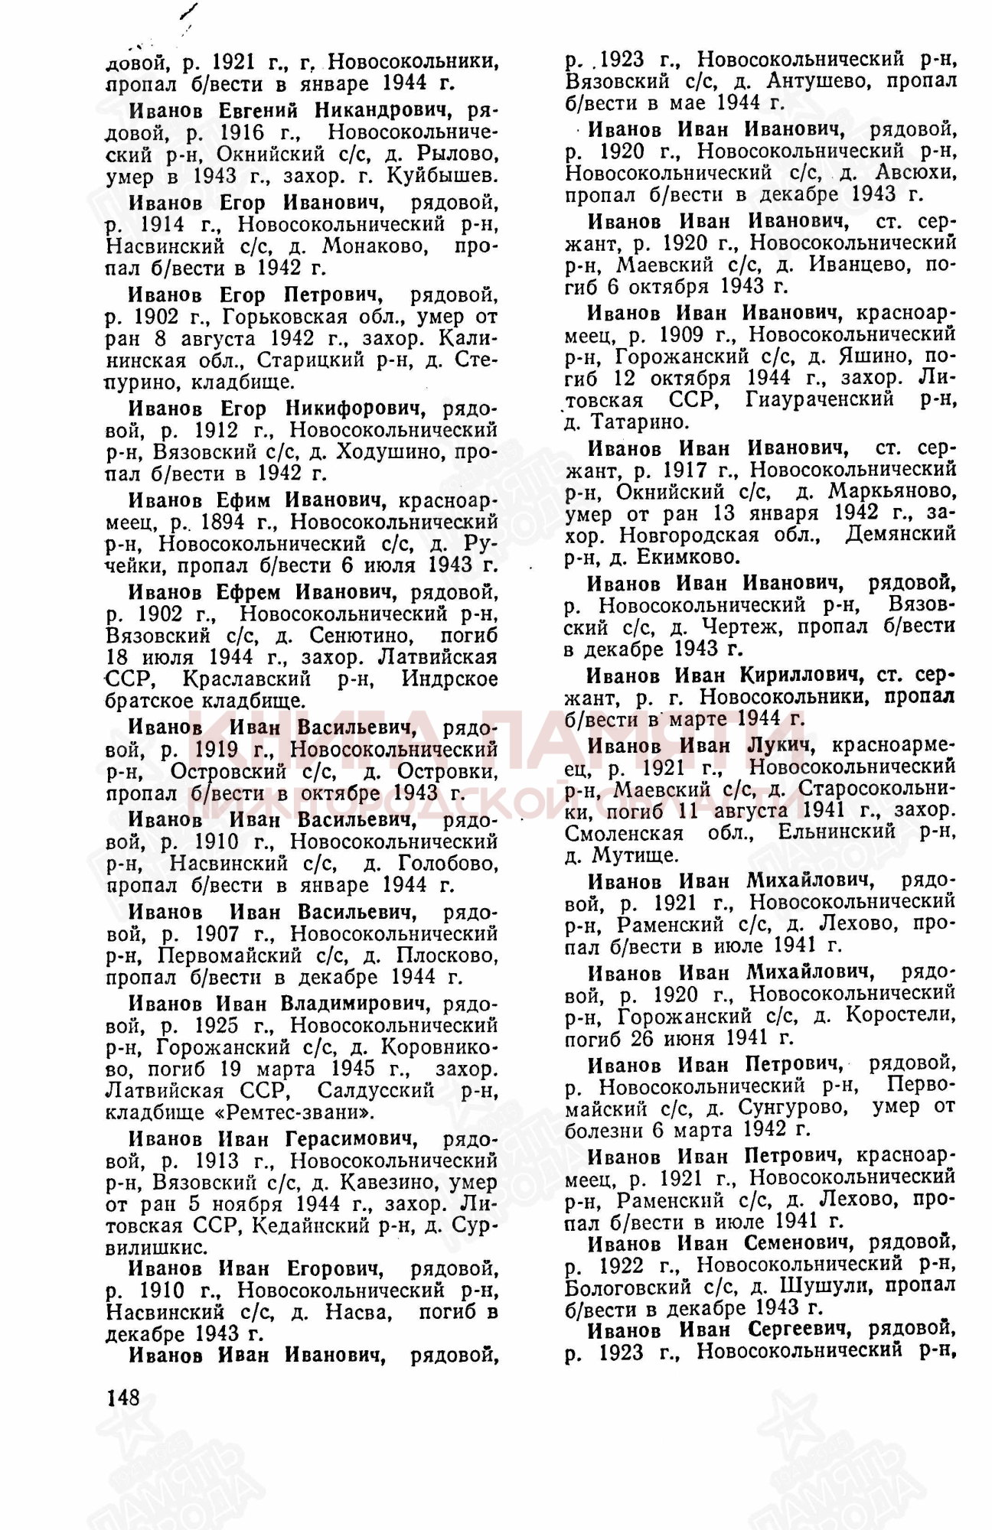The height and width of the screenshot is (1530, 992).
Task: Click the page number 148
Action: point(122,1398)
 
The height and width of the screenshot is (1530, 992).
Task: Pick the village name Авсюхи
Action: point(916,173)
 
